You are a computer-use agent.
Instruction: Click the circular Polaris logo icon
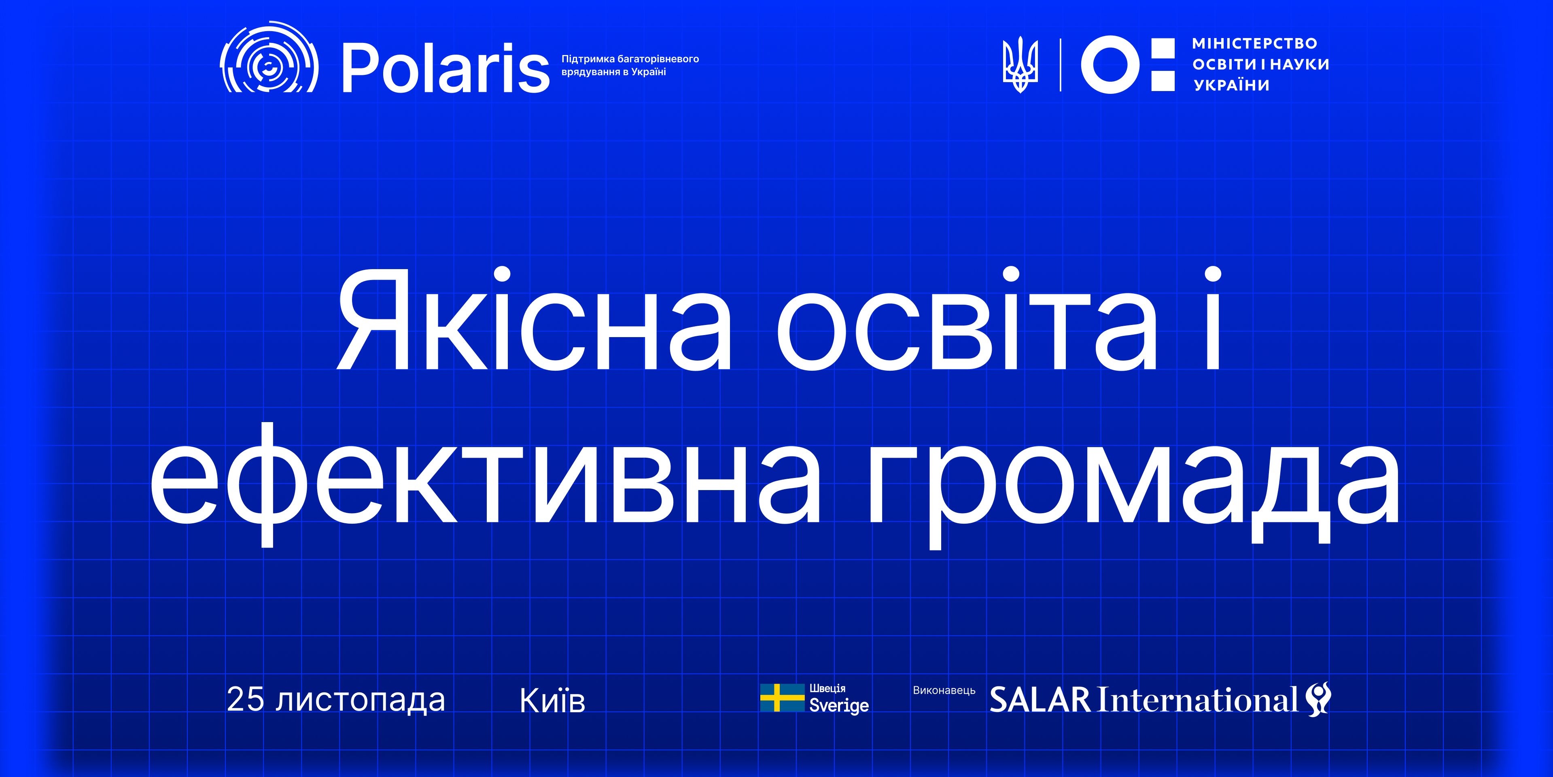point(269,58)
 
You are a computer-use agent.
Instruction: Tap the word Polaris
point(446,68)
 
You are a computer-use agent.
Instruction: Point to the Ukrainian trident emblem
point(1020,64)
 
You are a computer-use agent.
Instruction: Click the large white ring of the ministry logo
point(1110,64)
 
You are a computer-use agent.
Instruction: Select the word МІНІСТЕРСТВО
point(1254,43)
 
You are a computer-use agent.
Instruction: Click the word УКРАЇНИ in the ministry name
point(1232,85)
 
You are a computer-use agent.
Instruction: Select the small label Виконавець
point(944,690)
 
